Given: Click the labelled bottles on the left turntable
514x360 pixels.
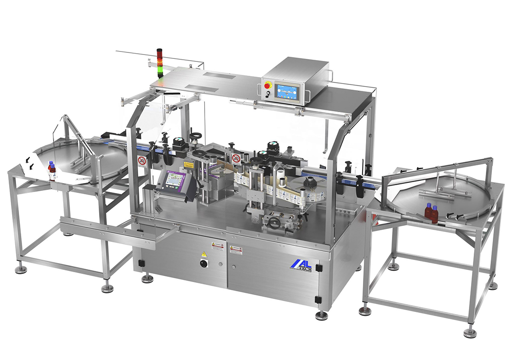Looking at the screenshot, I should [52, 170].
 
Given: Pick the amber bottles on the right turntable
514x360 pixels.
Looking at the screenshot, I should [431, 212].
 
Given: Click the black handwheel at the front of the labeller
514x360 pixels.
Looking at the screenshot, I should [273, 222].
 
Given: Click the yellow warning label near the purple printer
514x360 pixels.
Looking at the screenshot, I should [189, 165].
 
